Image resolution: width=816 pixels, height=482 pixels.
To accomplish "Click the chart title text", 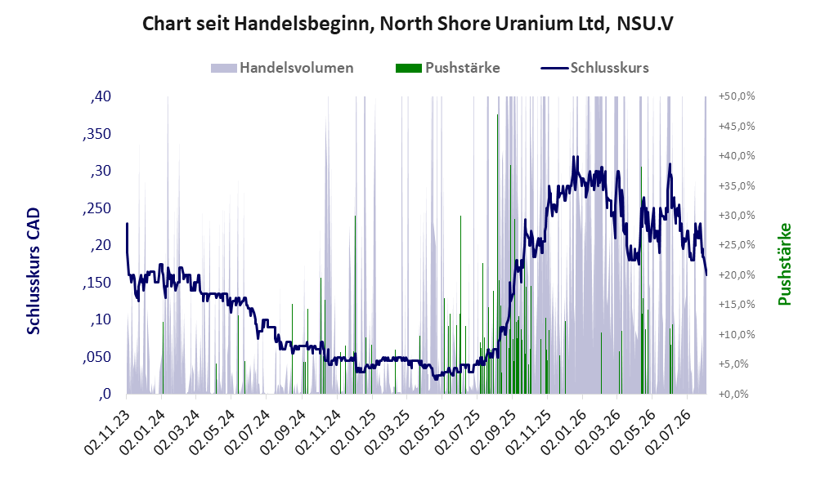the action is (407, 24).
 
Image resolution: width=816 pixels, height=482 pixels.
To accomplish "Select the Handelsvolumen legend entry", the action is (282, 68).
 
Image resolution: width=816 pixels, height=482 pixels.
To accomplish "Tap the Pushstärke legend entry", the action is (447, 68).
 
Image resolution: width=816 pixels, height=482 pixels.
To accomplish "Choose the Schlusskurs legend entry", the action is (594, 68).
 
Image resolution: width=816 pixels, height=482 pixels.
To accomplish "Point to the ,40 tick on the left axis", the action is (101, 96).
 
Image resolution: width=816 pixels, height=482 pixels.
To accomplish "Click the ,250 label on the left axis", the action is (96, 208).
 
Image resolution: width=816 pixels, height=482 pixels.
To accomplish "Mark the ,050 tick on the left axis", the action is (96, 357).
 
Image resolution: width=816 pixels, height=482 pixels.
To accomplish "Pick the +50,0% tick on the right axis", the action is (737, 96).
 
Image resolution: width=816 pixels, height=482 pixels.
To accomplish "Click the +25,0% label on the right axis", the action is (737, 245).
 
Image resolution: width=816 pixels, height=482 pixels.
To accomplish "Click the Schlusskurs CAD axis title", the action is (34, 271).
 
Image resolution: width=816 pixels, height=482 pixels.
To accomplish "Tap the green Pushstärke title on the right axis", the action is (784, 265).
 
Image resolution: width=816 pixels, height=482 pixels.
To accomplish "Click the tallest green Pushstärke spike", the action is (497, 254).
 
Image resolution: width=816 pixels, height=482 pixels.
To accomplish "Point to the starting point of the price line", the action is (127, 224).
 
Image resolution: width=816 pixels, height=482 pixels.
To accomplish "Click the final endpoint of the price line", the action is (706, 274).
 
